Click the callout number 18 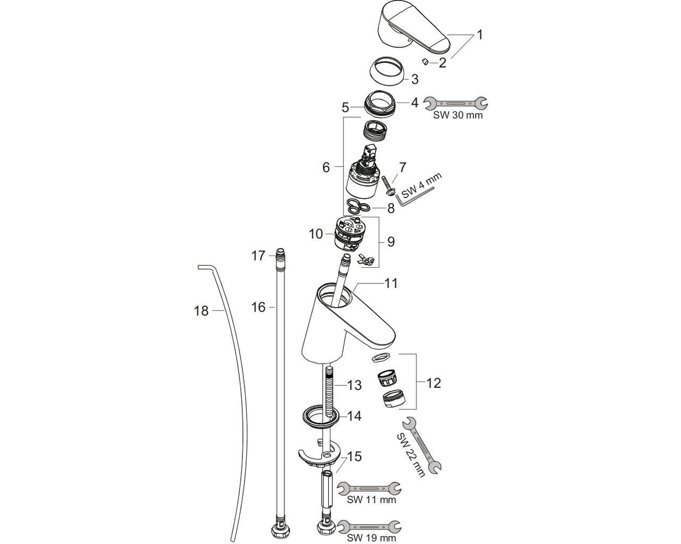(201, 311)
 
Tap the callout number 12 (434, 383)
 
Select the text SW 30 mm (457, 115)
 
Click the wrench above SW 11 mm (369, 488)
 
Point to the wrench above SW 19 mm (369, 527)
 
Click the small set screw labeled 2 (426, 61)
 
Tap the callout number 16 (258, 307)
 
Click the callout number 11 (391, 283)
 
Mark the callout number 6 (326, 167)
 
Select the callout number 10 (316, 234)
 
